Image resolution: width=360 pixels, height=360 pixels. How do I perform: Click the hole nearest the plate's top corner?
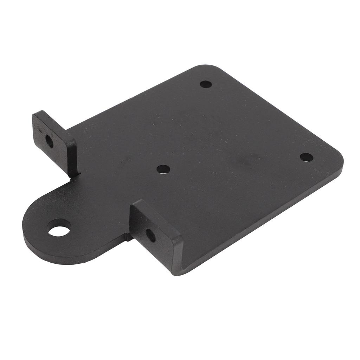click(206, 84)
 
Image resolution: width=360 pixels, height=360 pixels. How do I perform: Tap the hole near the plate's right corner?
click(306, 157)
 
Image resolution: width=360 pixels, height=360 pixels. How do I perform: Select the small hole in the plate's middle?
click(163, 169)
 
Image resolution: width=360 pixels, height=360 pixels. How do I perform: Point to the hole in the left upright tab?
click(49, 141)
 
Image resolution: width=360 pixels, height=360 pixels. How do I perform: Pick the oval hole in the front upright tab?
click(150, 235)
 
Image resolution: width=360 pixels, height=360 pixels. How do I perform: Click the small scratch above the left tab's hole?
click(42, 130)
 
